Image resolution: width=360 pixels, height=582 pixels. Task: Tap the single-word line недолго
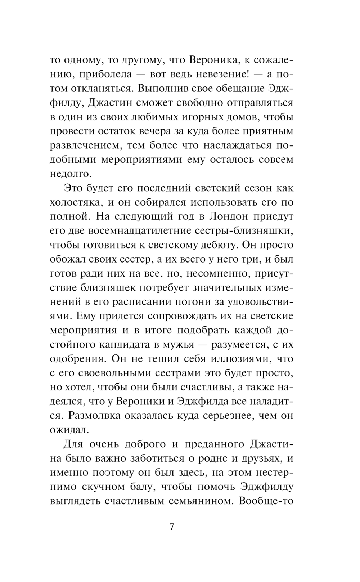pyautogui.click(x=70, y=174)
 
